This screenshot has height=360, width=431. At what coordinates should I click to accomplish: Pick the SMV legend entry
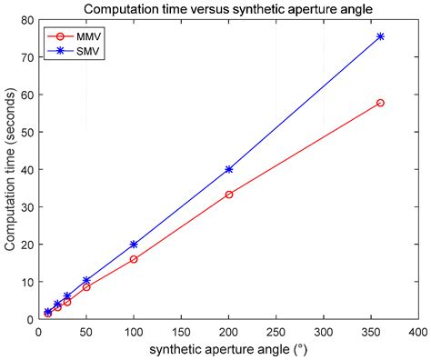click(78, 52)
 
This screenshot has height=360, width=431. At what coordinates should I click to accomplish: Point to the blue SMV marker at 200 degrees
click(228, 169)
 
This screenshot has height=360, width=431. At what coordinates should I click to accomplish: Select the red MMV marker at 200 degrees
click(228, 195)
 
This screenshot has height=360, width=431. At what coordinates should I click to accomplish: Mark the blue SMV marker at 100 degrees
click(134, 245)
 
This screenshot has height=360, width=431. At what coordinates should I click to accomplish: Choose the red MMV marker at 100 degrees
click(134, 259)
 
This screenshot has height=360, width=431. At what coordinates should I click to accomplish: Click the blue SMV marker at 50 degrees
click(86, 281)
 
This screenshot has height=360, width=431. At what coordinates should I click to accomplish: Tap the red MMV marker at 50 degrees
click(86, 287)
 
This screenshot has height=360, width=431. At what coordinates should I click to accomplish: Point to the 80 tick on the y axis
click(27, 19)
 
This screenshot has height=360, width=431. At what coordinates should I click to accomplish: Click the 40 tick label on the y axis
click(27, 169)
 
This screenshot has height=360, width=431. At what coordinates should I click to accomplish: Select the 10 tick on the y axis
click(27, 282)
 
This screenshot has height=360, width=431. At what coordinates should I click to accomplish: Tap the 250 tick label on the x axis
click(276, 332)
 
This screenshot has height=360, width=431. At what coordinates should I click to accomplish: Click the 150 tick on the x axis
click(181, 332)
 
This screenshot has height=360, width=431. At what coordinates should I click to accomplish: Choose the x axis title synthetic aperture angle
click(227, 350)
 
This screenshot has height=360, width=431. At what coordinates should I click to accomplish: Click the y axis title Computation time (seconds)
click(8, 169)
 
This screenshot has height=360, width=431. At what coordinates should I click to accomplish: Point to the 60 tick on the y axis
click(27, 95)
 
